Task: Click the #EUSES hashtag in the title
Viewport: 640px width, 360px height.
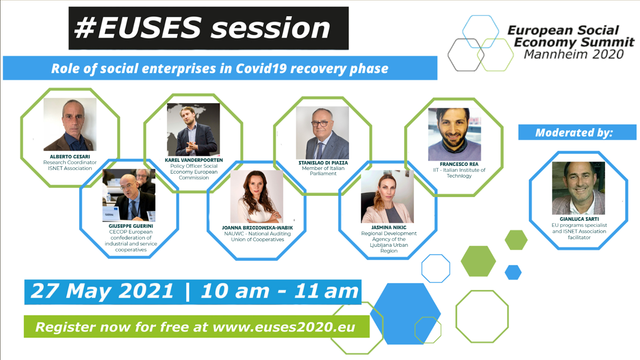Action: (138, 28)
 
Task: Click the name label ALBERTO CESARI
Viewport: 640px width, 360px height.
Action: (70, 156)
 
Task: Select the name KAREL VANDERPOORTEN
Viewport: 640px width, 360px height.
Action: (194, 160)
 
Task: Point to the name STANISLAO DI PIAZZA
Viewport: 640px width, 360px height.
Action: (323, 163)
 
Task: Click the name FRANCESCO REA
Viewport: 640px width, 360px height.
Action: (459, 164)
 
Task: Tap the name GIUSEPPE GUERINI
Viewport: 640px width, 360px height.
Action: (131, 226)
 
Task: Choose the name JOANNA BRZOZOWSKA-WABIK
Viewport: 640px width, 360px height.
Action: (258, 228)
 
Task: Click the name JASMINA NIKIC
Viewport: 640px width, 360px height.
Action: (389, 228)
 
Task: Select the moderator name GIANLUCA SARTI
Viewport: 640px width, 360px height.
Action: (579, 219)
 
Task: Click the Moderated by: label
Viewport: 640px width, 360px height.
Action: (574, 132)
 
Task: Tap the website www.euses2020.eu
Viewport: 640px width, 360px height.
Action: (284, 327)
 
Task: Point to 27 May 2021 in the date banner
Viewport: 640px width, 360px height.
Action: (102, 291)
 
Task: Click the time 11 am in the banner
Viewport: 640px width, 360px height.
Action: (326, 292)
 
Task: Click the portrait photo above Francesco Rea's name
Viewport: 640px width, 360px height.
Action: (454, 134)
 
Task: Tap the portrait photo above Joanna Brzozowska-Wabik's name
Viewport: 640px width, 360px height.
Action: (256, 196)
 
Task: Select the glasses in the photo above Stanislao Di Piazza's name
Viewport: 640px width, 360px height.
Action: (320, 124)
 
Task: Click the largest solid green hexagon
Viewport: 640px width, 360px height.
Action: (478, 261)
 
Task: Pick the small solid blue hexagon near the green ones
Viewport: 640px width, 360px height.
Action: (513, 272)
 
